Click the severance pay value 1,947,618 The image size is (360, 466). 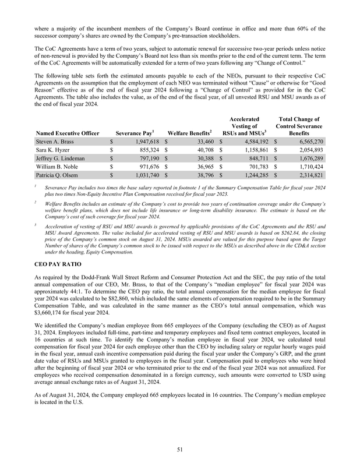tap(143, 142)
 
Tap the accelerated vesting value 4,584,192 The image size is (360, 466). tap(253, 142)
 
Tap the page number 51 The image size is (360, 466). tap(180, 448)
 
